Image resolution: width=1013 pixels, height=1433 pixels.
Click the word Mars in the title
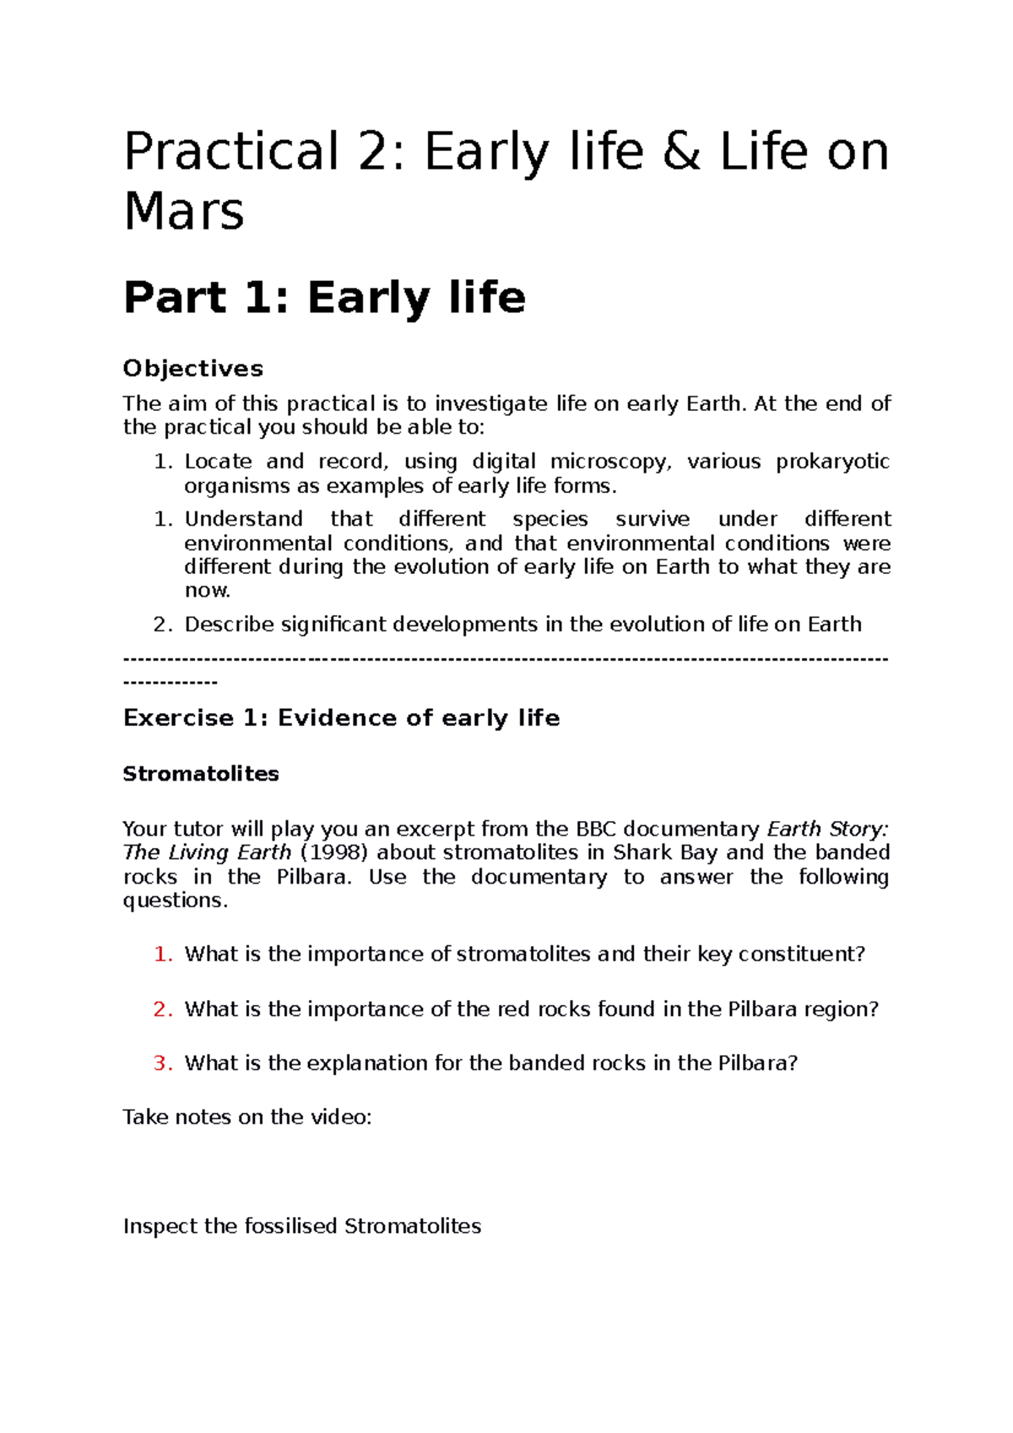click(x=184, y=211)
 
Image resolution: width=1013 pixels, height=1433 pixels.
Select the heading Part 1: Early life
click(x=324, y=298)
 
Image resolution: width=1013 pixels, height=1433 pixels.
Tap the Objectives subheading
click(x=192, y=369)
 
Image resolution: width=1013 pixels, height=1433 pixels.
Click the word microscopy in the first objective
click(x=610, y=462)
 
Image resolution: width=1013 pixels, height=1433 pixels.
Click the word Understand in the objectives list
click(x=243, y=519)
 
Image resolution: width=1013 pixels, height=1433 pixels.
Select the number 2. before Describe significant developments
click(x=163, y=625)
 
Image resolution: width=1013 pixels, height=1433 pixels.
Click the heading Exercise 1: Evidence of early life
click(x=341, y=718)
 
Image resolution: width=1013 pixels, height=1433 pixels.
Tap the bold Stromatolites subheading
click(x=201, y=774)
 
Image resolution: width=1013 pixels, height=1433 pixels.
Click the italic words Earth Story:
click(x=827, y=829)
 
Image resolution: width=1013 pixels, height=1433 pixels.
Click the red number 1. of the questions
click(x=163, y=954)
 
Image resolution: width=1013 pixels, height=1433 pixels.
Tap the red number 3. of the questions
click(x=163, y=1063)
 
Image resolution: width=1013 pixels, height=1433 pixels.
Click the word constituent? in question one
click(x=801, y=954)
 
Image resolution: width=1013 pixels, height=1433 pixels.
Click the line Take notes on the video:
click(x=247, y=1117)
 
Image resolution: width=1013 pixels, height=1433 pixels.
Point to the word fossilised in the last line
click(x=291, y=1226)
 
